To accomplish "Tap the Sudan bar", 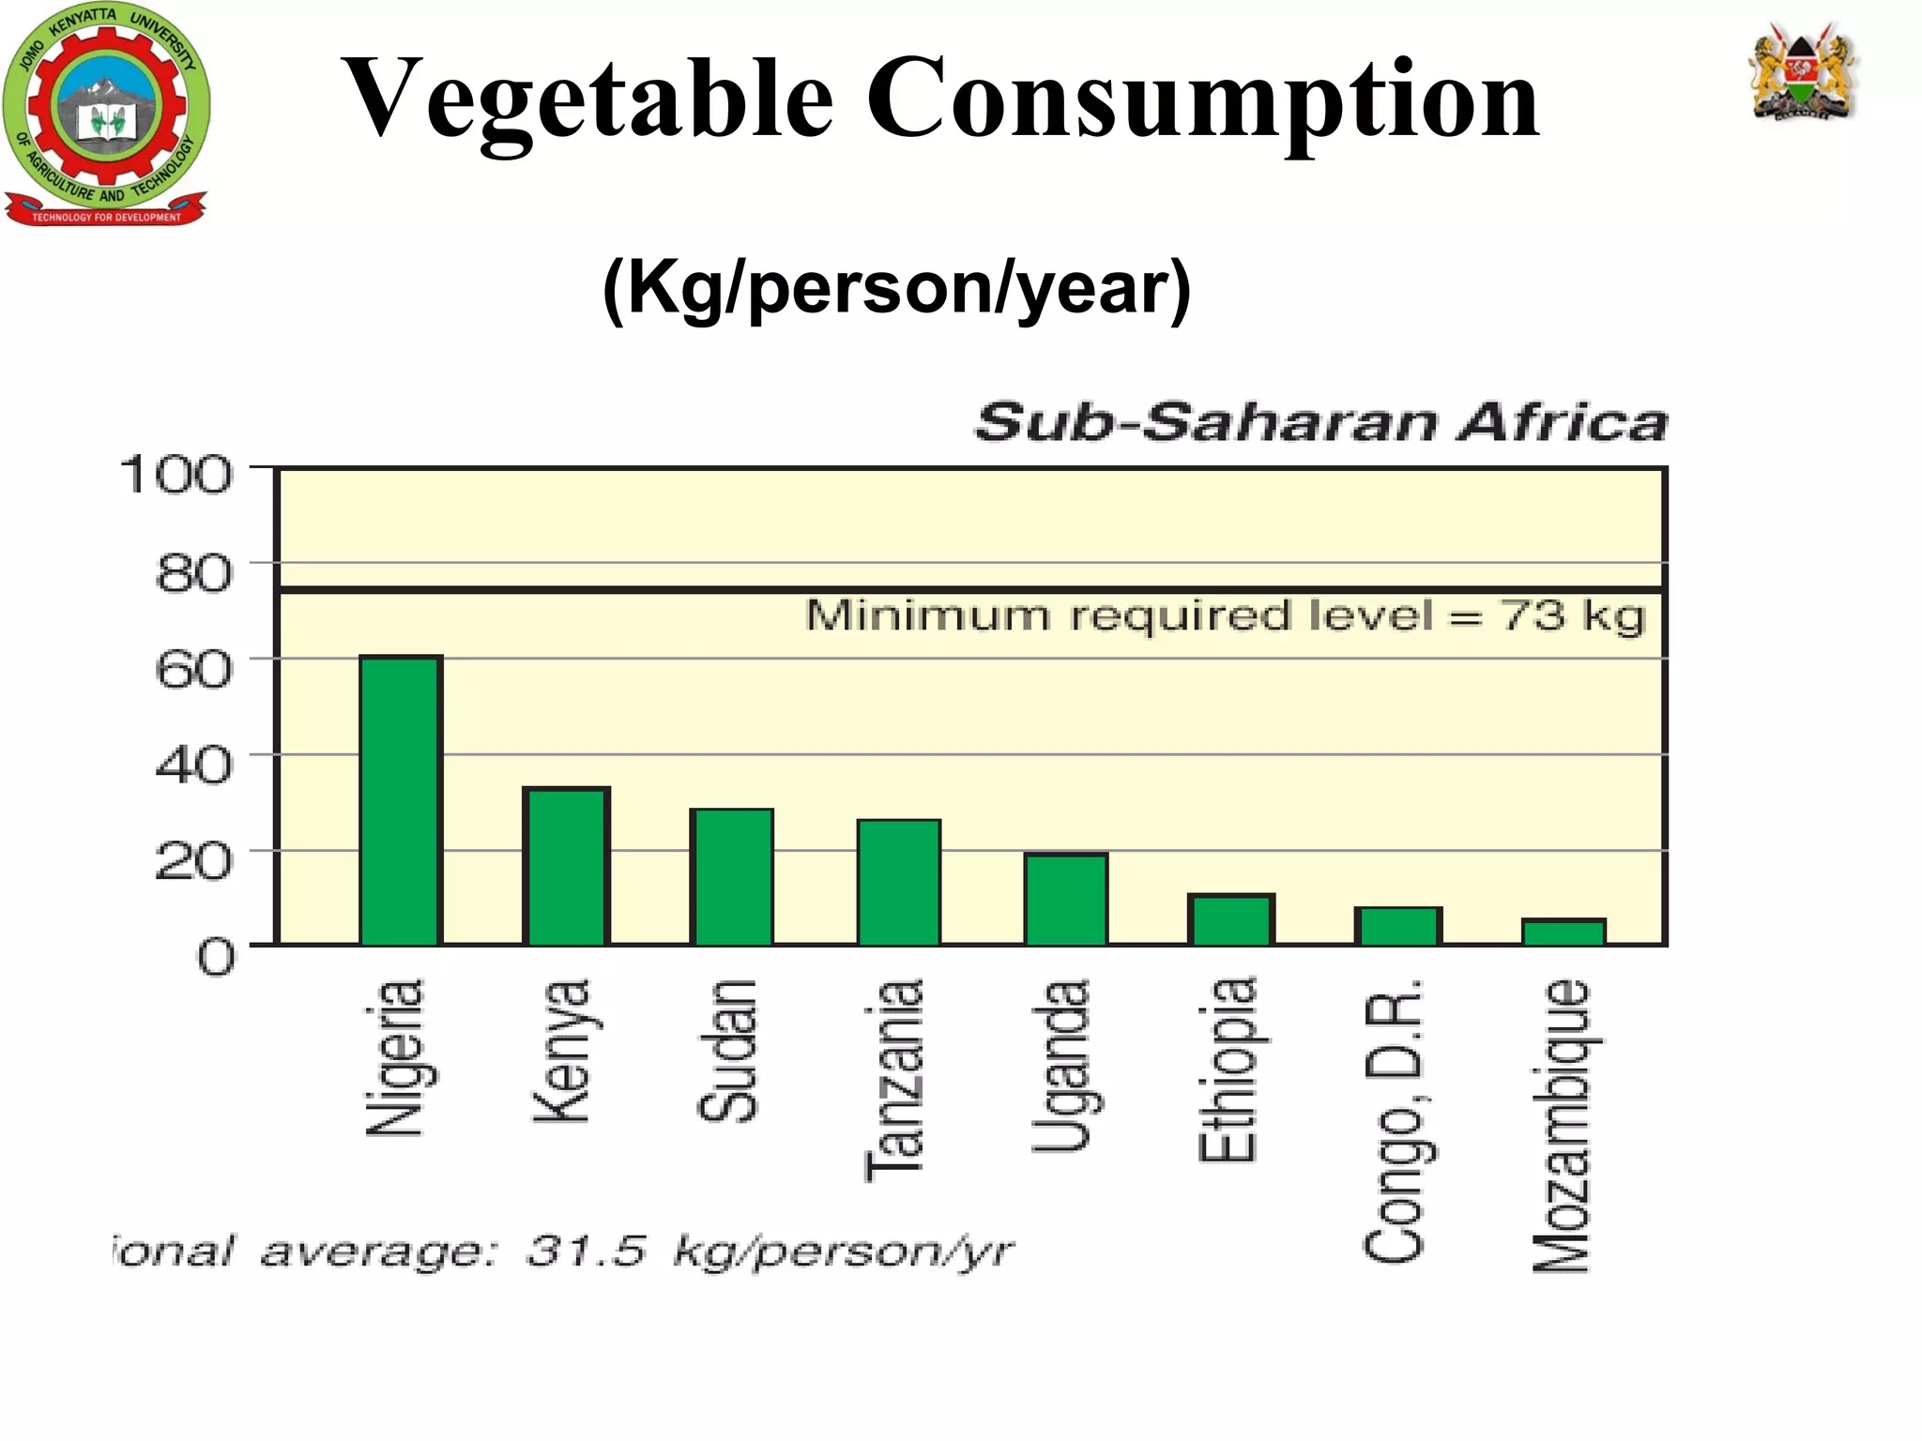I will tap(732, 876).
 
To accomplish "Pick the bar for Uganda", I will tap(1065, 899).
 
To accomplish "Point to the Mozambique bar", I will tap(1564, 932).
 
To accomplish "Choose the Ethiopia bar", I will tap(1230, 919).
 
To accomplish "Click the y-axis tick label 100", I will tap(175, 475).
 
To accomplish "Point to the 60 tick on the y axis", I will tap(192, 669).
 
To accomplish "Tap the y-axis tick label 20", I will tap(192, 860).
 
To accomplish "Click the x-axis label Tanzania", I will tap(895, 1079).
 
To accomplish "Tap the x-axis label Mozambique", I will tap(1562, 1126).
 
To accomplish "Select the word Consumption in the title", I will tap(1202, 99).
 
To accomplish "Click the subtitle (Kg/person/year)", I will tap(896, 289).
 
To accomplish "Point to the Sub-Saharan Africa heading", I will tap(1321, 422).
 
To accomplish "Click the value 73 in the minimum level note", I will tap(1533, 616).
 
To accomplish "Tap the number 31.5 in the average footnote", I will tap(586, 1251).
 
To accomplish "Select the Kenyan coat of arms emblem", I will tap(1803, 73).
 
